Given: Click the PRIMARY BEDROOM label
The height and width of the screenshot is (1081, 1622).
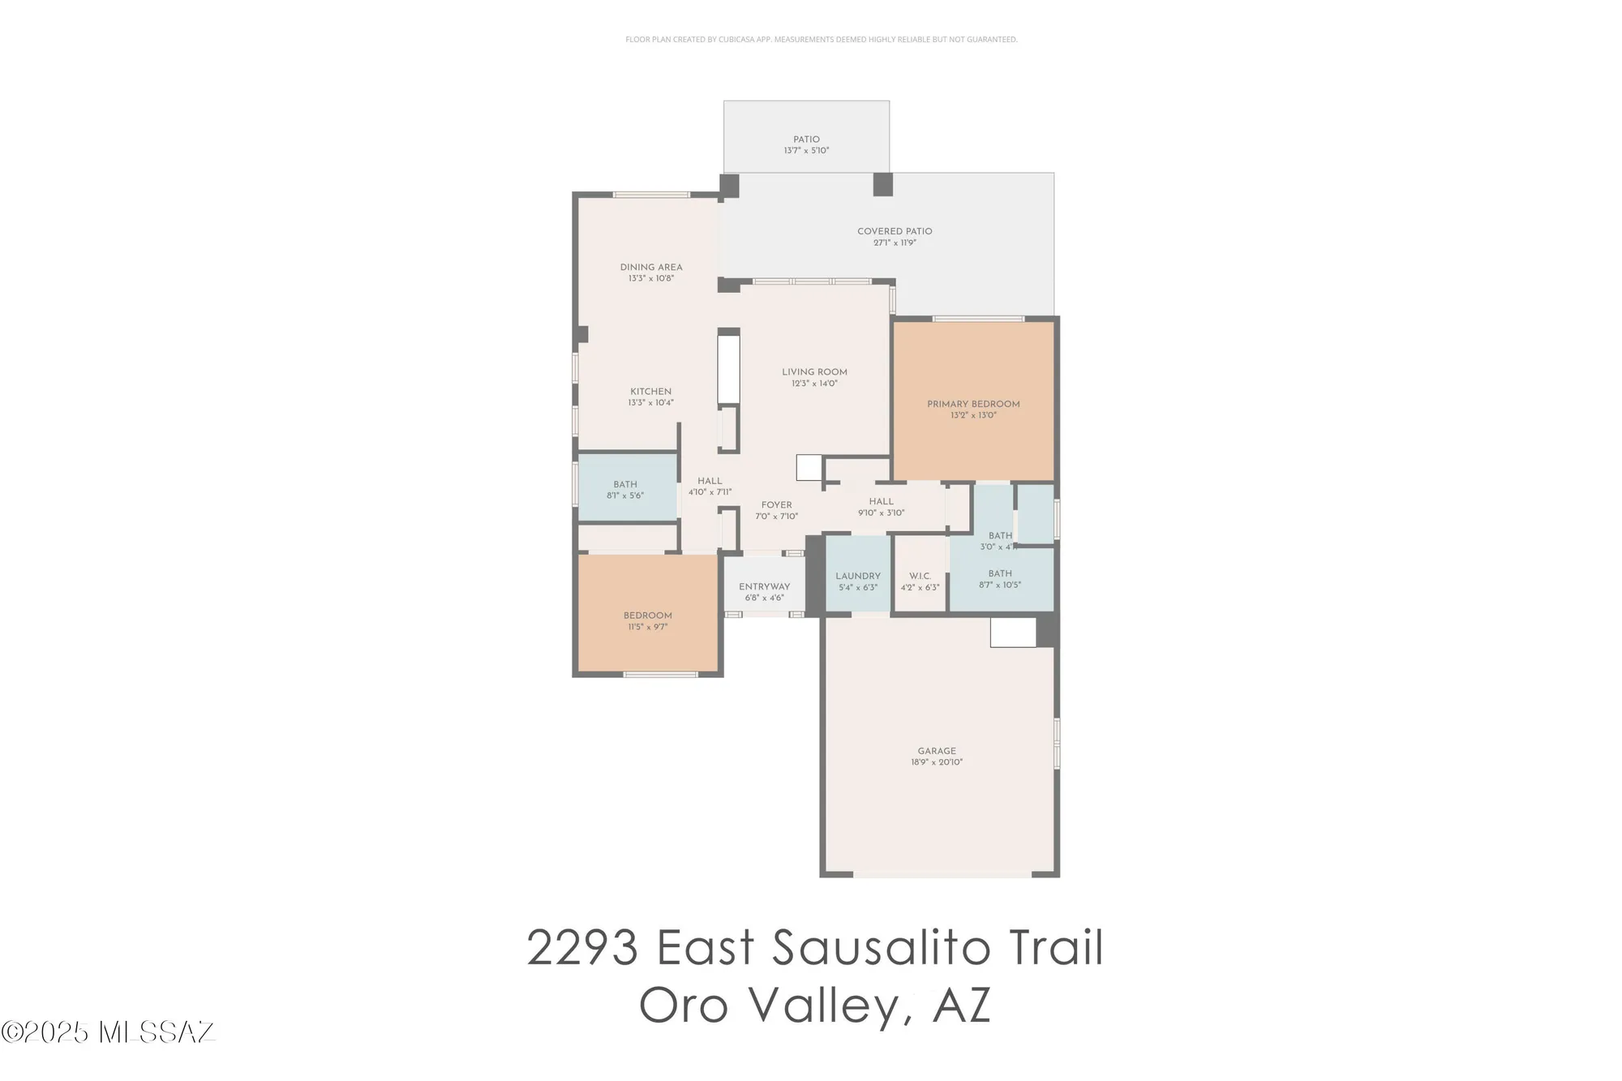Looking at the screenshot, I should tap(973, 404).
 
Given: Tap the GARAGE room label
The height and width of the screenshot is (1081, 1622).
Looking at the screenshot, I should tap(937, 751).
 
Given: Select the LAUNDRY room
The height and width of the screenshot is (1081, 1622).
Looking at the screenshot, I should tap(858, 576).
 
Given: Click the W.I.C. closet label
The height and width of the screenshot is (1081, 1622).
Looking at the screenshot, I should tap(920, 576).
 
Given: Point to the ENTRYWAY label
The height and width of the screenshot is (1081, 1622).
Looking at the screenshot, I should tap(764, 586).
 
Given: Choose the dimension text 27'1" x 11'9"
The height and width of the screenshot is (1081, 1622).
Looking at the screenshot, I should tap(895, 242).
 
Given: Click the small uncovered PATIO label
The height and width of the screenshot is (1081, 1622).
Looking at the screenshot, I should tap(806, 139).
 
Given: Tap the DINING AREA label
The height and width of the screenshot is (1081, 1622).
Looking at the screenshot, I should tap(651, 267).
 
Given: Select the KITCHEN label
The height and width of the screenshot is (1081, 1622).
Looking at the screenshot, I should tap(650, 391).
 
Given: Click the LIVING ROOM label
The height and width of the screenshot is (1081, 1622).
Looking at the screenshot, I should tap(814, 372).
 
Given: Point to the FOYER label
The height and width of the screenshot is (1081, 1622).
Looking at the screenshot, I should tap(776, 504).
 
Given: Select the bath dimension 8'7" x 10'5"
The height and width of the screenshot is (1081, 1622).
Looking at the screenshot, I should tap(1000, 585).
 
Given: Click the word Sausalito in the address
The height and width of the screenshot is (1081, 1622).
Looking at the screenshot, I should tap(881, 947).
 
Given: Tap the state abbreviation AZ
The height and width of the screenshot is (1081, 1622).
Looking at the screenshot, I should tap(962, 1006).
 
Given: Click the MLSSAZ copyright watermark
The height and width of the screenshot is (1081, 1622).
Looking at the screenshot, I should tap(108, 1032).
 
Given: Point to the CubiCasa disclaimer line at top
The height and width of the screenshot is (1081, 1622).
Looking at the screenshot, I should tap(821, 39).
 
